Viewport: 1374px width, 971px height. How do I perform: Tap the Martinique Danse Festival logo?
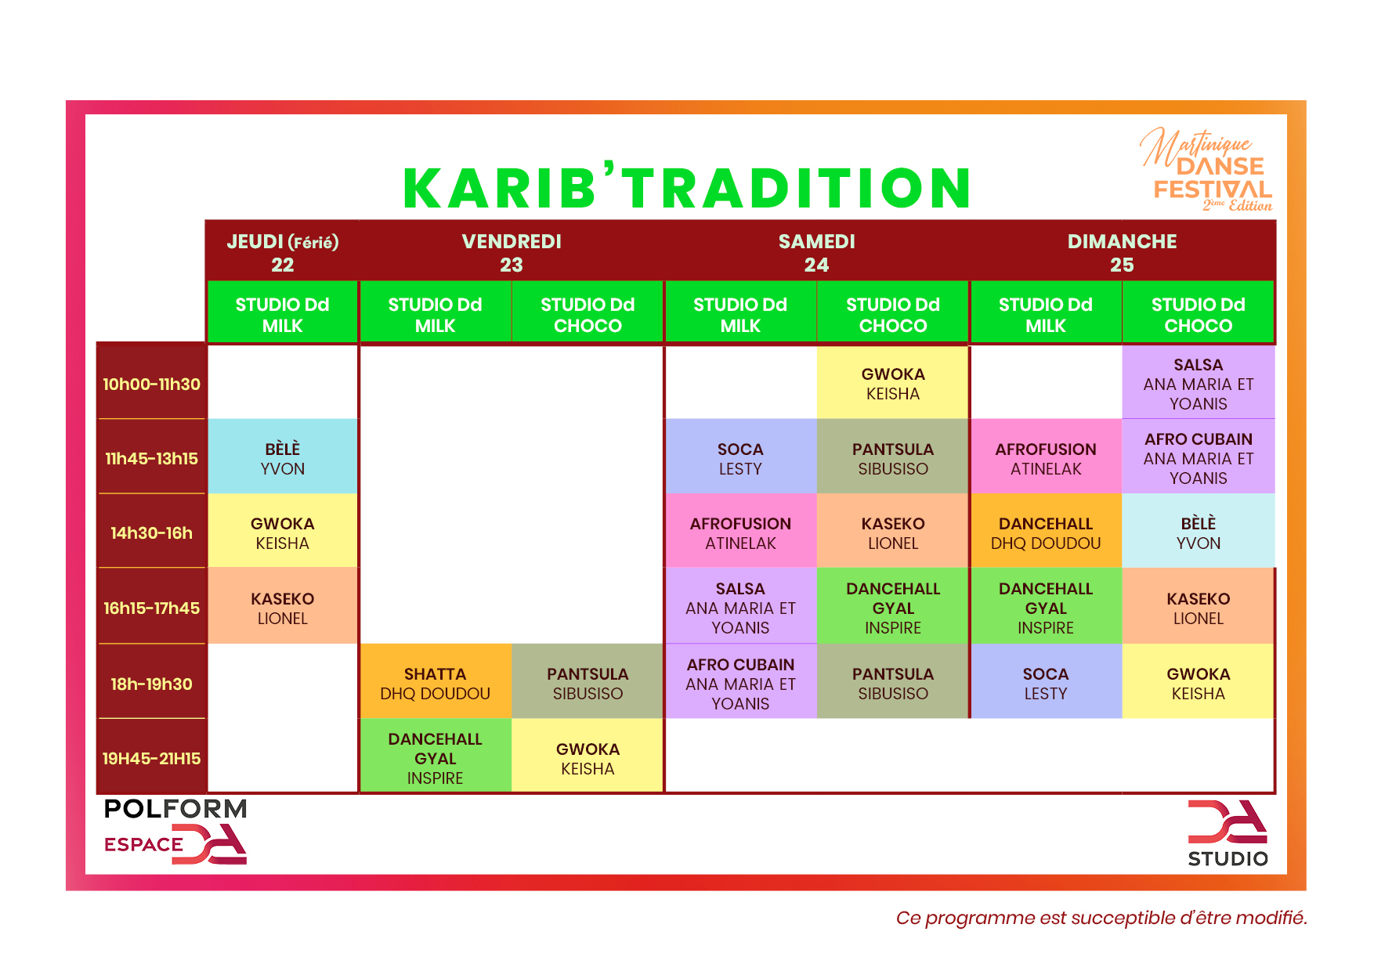coord(1206,171)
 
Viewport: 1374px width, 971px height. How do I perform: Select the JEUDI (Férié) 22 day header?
coord(282,252)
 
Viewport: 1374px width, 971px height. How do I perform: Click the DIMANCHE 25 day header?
coord(1122,252)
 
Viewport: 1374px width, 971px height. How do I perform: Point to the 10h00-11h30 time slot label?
coord(151,384)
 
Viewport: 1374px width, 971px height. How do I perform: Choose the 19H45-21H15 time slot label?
coord(151,758)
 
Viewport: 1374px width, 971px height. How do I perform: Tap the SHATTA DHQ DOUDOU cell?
coord(436,684)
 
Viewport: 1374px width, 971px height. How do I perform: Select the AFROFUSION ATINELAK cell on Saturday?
coord(740,533)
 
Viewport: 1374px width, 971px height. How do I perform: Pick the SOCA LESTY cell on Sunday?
coord(1046,684)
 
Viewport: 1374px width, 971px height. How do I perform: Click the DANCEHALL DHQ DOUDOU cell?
coord(1046,533)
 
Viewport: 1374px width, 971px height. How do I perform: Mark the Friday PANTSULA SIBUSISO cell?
coord(588,684)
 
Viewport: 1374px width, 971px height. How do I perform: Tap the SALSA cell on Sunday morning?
coord(1199,384)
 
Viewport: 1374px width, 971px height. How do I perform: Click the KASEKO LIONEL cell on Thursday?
coord(283,608)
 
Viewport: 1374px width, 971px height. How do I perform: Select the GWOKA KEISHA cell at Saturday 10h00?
coord(893,384)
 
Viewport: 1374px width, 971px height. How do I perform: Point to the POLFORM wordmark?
coord(175,809)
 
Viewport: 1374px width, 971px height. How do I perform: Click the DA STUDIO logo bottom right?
coord(1228,833)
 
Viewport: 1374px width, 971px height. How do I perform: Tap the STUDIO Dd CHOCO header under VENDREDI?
coord(588,315)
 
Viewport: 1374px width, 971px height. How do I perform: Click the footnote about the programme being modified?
coord(1101,918)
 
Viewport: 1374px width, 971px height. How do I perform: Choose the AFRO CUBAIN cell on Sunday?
coord(1199,459)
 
